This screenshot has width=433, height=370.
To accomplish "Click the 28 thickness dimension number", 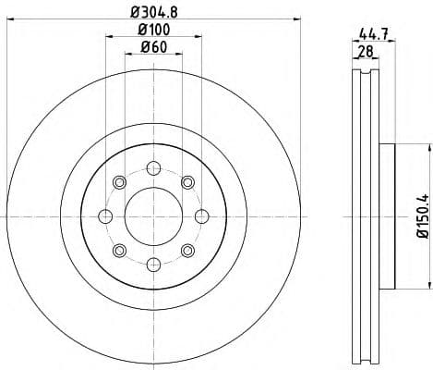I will (365, 53).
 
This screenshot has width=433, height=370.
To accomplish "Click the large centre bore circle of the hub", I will (152, 216).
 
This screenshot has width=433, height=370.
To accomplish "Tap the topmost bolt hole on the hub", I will (152, 169).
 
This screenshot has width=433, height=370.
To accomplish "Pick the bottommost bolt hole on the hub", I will (152, 264).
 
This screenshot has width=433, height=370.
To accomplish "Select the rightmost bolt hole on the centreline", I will (199, 216).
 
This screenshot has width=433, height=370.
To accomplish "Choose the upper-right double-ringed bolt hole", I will (186, 183).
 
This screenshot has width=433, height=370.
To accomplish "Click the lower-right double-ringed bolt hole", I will (186, 250).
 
